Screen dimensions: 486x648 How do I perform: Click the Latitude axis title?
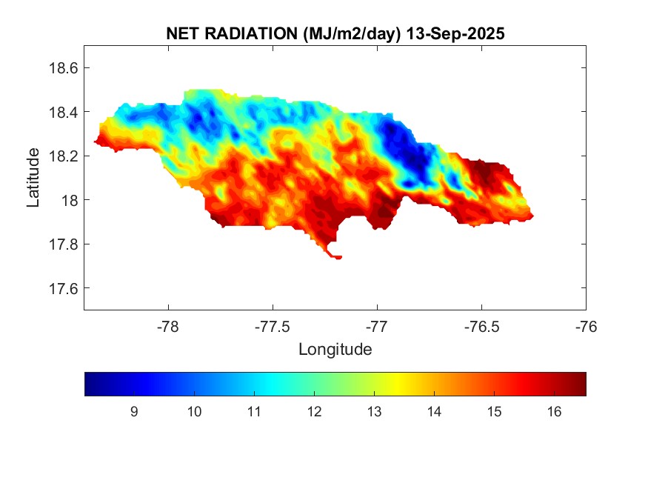point(34,177)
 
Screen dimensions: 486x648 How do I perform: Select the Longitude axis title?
point(335,349)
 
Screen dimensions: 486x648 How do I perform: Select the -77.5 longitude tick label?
point(273,326)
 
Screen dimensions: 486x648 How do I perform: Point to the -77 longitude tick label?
point(378,326)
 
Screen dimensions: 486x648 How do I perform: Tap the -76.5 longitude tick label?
point(482,326)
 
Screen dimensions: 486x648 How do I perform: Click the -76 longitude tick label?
point(587,326)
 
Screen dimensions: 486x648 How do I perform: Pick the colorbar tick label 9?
point(134,412)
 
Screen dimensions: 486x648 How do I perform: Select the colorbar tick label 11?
point(254,412)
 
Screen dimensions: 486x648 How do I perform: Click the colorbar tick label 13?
point(374,412)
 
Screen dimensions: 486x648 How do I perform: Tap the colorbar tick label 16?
point(554,412)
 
